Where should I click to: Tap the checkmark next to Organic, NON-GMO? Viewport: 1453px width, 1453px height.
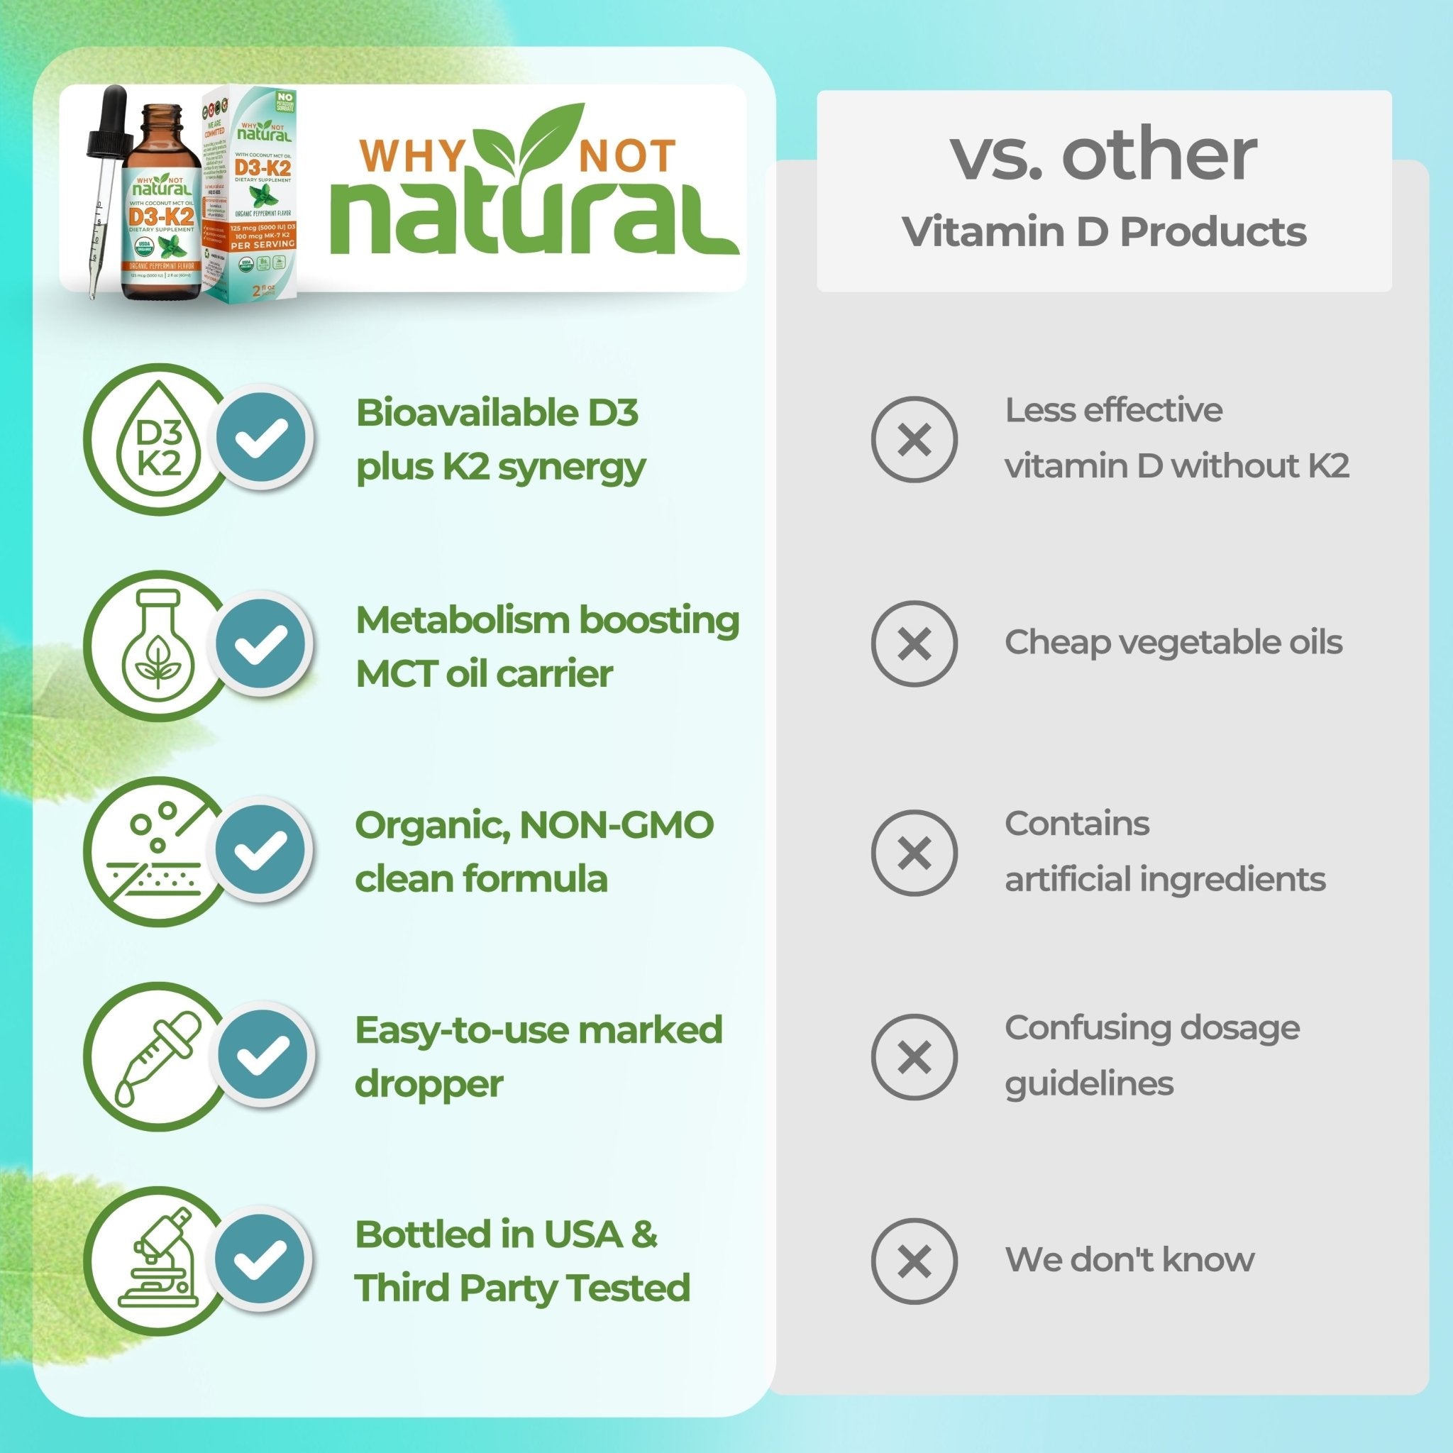pyautogui.click(x=261, y=848)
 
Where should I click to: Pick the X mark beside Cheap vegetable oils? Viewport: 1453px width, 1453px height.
pyautogui.click(x=914, y=643)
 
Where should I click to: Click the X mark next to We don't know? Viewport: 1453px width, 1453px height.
pyautogui.click(x=914, y=1261)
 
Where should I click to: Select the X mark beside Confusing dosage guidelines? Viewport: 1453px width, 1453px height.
pyautogui.click(x=914, y=1056)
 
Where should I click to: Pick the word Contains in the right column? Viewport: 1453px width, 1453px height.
pyautogui.click(x=1077, y=824)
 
